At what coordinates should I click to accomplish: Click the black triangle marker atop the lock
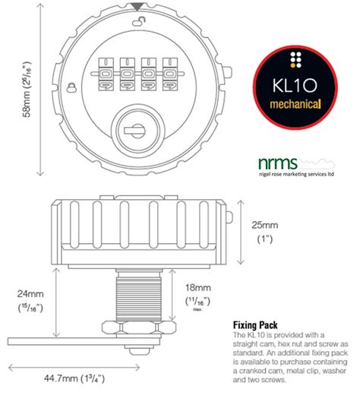137,7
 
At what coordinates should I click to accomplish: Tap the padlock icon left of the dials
70,87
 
